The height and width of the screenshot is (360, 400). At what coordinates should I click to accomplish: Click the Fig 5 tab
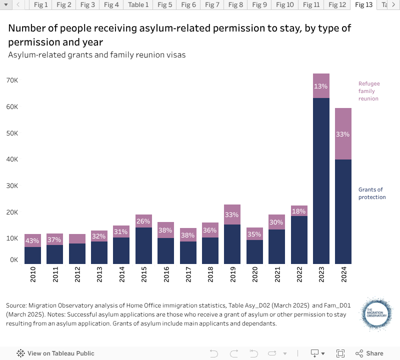pos(164,5)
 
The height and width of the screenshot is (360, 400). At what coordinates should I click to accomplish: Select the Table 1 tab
pos(138,5)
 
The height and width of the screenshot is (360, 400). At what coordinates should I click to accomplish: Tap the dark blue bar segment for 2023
pos(321,180)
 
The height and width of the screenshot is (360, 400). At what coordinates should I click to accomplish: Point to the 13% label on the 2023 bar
pos(321,86)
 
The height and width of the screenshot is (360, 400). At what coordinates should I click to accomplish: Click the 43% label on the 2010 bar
pos(33,240)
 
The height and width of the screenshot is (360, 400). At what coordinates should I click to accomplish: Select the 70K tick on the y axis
pos(12,80)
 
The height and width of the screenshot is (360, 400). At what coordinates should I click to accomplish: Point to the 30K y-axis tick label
pos(12,185)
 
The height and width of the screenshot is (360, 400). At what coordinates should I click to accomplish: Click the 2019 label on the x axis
pos(232,274)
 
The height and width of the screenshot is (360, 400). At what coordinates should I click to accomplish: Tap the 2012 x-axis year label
pos(77,274)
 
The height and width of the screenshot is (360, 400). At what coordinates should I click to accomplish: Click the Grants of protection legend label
pos(372,193)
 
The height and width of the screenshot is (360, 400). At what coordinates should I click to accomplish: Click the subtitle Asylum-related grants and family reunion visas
pos(97,55)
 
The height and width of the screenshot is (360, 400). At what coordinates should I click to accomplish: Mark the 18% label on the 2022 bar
pos(299,210)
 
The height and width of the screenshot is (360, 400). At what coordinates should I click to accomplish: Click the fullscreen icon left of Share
pos(340,353)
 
